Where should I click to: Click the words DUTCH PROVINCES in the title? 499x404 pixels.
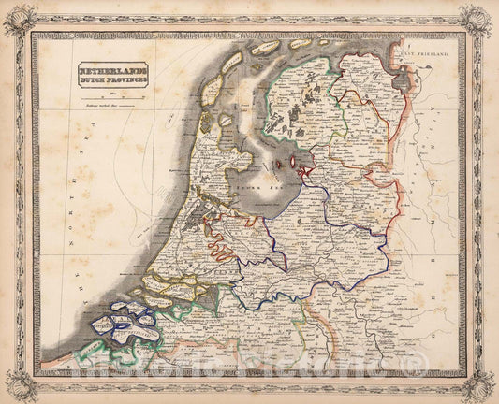coord(112,81)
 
